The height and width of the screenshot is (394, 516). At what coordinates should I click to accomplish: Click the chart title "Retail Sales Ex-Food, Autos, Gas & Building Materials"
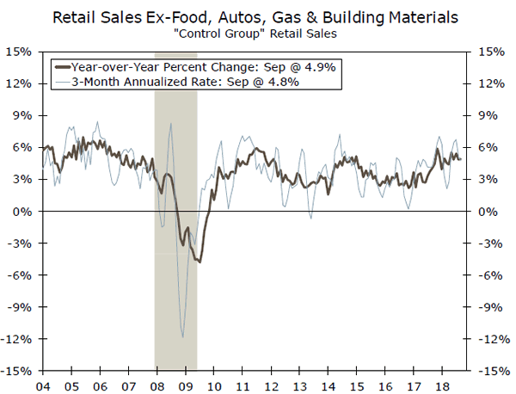click(258, 16)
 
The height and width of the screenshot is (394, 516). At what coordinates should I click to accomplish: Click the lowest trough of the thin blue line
click(182, 337)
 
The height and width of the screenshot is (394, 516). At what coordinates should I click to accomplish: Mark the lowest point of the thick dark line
click(200, 261)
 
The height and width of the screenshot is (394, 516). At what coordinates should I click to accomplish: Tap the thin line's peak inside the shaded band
click(171, 124)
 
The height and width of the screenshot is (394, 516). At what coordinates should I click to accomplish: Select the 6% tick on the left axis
click(25, 147)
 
